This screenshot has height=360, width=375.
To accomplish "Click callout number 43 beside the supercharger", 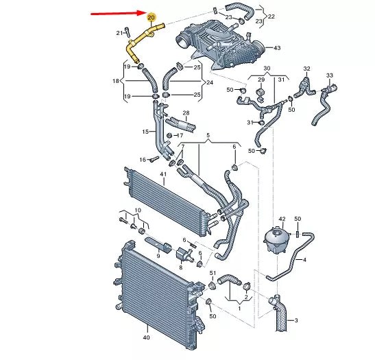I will [277, 48].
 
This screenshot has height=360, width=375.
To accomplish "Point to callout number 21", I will [119, 33].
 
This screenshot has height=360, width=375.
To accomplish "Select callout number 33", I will [329, 75].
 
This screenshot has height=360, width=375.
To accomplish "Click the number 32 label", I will [307, 69].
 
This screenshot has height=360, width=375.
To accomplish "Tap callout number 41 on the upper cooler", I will [163, 175].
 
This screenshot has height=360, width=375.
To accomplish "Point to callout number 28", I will [185, 112].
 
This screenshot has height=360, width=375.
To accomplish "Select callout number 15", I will [145, 132].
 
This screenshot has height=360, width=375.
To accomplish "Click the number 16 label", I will [143, 160].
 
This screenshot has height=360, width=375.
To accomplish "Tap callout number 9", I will [158, 255].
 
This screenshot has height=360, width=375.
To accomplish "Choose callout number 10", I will [137, 210].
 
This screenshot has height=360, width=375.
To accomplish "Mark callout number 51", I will [213, 274].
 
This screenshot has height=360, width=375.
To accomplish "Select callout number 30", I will [267, 69].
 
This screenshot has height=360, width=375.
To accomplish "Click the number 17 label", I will [180, 136].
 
